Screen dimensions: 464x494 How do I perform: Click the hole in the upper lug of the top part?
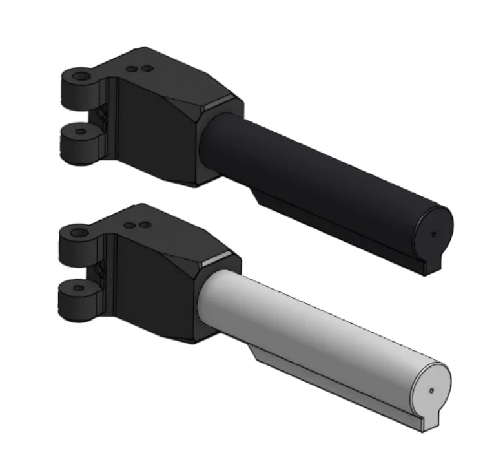point(81,77)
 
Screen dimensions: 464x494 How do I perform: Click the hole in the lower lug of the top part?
point(81,131)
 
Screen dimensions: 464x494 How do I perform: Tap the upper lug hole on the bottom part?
point(79,231)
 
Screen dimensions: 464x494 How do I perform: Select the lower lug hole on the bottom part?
point(79,284)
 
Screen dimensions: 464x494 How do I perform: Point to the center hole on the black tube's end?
point(433,234)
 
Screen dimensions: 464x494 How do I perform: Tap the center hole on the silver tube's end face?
point(431,390)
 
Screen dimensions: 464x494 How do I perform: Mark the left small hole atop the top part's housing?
point(133,68)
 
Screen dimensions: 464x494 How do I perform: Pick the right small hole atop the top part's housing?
point(147,68)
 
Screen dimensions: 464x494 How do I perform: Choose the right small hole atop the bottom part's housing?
point(145,225)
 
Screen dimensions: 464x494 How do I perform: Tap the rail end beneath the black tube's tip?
point(431,265)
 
